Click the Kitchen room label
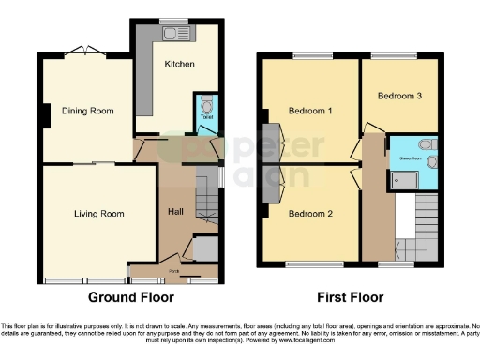coord(179,64)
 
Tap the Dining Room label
coord(88,111)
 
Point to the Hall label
coord(175,210)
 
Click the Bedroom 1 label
coord(310,111)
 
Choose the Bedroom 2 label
coord(310,213)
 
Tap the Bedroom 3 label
coord(400,97)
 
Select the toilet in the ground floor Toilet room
coord(206,105)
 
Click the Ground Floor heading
coord(131,298)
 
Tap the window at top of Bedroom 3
coord(399,55)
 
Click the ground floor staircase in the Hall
coord(206,209)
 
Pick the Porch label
coord(173,272)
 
